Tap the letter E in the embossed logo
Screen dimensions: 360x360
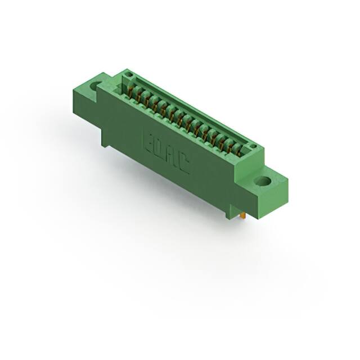[149, 139]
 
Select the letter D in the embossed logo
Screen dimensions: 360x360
[160, 146]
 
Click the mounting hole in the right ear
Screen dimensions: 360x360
[262, 182]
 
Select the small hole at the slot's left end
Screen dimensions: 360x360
[129, 75]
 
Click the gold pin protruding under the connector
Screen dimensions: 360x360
[242, 215]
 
